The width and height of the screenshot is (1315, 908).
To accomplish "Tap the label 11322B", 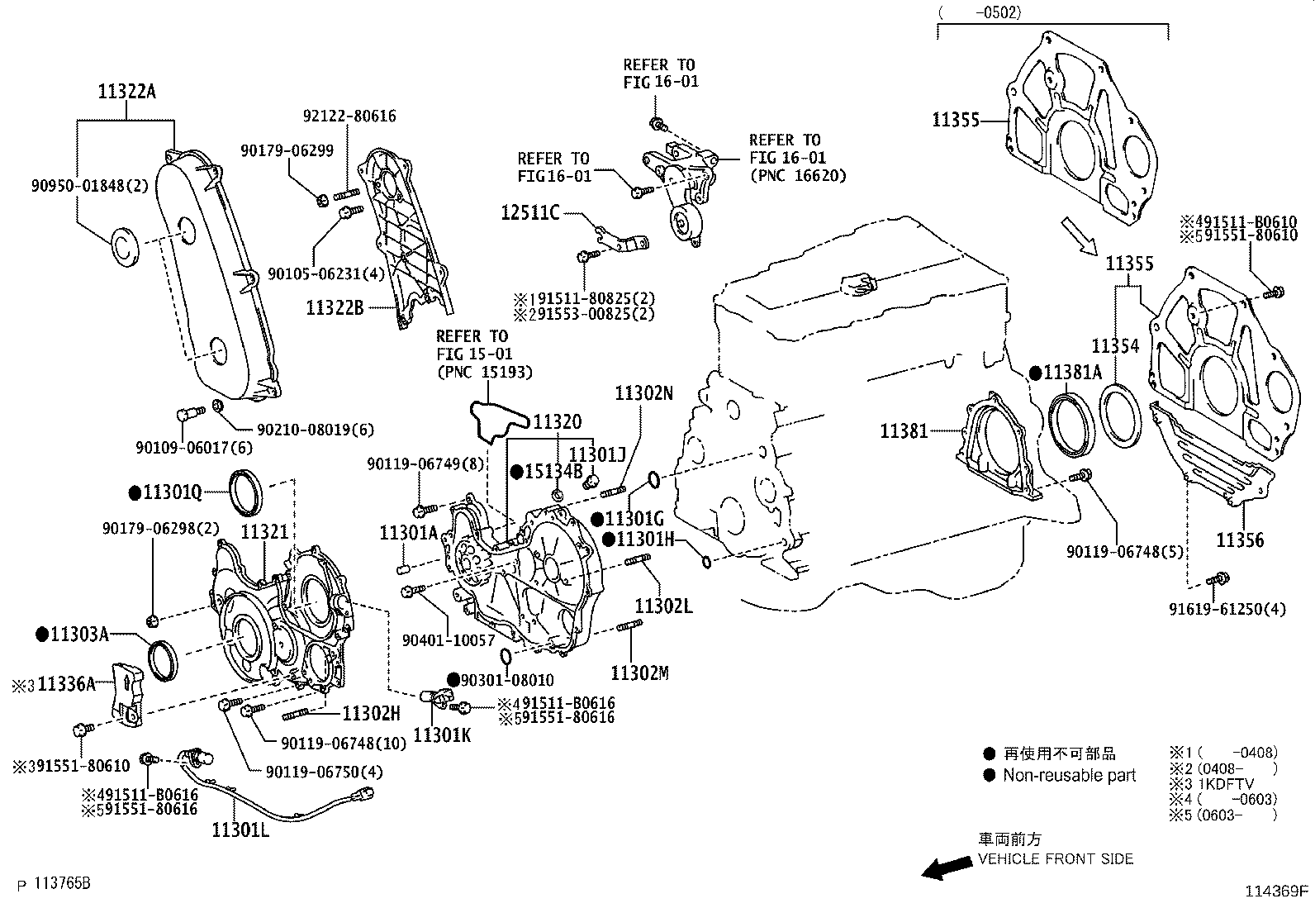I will [x=335, y=307].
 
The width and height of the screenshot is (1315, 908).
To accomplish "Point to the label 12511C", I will [x=529, y=214].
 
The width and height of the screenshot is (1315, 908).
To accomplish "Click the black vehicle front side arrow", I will [x=947, y=867].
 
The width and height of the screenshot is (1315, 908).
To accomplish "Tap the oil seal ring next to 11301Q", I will [x=245, y=492].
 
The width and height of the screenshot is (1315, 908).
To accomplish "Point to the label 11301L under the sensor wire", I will [x=240, y=828].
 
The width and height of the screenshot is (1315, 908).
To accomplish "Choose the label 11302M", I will [x=639, y=673].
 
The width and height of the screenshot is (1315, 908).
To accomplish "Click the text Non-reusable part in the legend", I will [x=1069, y=775].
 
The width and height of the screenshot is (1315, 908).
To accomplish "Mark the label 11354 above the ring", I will [x=1115, y=346].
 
